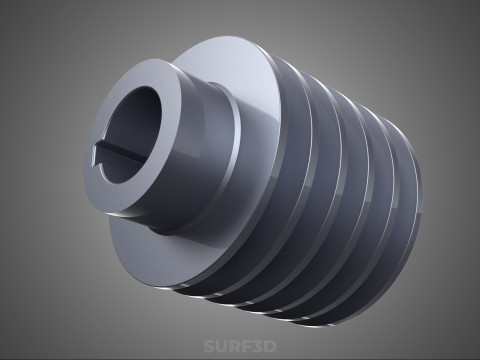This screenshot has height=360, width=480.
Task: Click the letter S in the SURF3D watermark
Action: [209, 346]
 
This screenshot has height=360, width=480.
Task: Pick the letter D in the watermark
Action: [270, 346]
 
